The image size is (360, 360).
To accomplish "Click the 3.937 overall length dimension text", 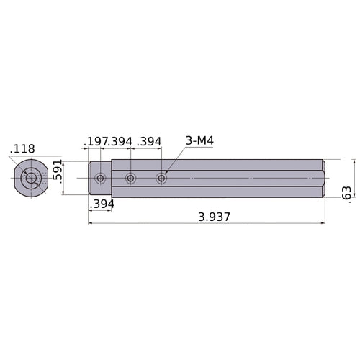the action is [x=214, y=217].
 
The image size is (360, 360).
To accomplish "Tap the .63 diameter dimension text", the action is [x=346, y=194].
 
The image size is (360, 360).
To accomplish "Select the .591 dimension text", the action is [x=58, y=171].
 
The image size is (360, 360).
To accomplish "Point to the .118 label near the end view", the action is [x=22, y=149].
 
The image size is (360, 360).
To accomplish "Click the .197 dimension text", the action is [x=95, y=142].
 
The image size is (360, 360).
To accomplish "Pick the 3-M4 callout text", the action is [x=199, y=140].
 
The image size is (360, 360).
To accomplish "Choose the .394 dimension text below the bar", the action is [x=102, y=204].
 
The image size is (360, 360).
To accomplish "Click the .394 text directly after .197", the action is [x=120, y=142].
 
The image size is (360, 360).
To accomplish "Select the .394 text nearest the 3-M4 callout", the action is [x=149, y=142].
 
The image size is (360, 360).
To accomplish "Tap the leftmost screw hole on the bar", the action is [x=100, y=179].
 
